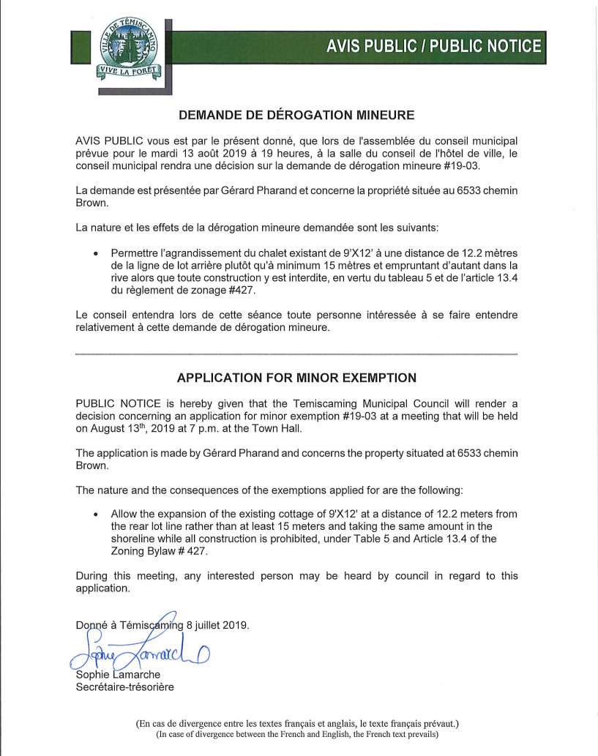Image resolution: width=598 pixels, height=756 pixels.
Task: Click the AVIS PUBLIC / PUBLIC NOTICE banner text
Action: click(x=435, y=47)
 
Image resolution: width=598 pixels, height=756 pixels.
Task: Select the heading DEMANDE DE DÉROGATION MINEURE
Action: click(x=296, y=115)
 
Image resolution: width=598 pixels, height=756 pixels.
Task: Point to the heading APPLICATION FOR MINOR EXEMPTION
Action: click(x=296, y=378)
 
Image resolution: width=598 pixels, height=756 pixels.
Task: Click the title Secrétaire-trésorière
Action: click(x=125, y=686)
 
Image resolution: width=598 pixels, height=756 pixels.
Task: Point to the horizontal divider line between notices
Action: click(x=296, y=354)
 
